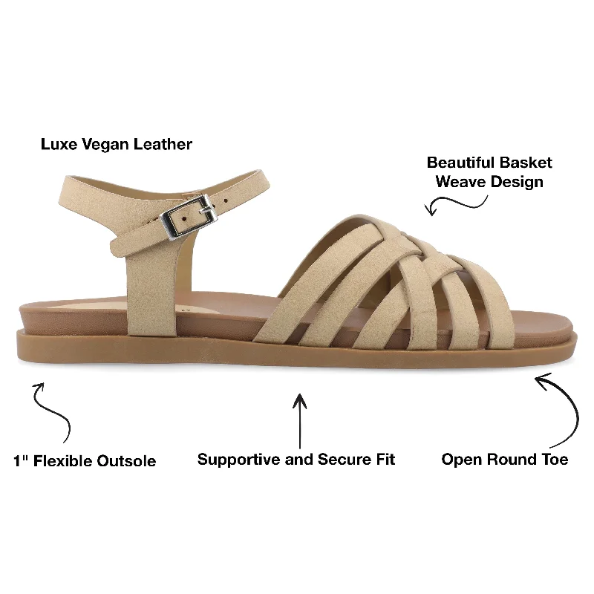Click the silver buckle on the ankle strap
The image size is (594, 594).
189,217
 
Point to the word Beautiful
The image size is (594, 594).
460,163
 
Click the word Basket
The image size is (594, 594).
525,163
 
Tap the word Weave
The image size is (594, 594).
460,181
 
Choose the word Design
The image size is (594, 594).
517,183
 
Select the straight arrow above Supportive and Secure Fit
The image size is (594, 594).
300,421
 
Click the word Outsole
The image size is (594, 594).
126,461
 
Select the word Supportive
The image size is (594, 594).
239,460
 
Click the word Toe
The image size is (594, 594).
555,460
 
